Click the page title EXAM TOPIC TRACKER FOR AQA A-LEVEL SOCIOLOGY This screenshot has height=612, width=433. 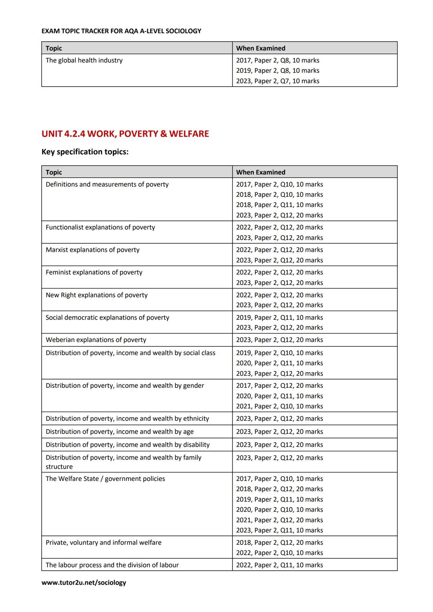point(121,31)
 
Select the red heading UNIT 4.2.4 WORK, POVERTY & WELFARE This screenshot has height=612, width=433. point(125,134)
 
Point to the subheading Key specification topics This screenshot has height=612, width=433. point(85,152)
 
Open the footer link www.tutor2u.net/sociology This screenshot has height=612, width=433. point(84,582)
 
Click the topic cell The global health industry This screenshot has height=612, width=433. point(84,61)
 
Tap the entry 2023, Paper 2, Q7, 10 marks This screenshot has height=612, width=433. point(277,81)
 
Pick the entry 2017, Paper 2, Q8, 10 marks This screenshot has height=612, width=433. point(277,61)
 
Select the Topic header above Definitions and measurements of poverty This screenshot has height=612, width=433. point(54,172)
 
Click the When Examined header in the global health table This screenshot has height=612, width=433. point(261,48)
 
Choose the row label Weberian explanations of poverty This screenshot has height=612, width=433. point(96,340)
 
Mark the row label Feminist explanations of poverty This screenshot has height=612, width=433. point(94,273)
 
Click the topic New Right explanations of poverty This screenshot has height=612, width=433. point(97,295)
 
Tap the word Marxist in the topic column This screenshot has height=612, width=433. point(57,250)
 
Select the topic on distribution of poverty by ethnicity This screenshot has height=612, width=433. point(127,418)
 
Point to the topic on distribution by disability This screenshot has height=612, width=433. point(127,445)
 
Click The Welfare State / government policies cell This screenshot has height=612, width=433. point(105,479)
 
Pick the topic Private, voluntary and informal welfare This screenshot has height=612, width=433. point(103,543)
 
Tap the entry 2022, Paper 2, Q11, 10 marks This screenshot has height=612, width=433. point(279,565)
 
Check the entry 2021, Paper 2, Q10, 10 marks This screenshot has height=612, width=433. point(279,406)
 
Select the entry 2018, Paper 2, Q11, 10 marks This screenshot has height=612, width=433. point(279,205)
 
